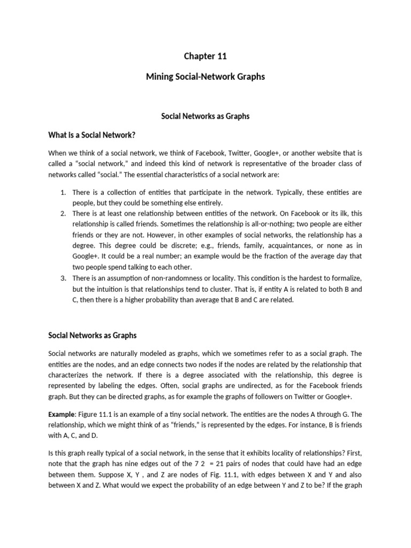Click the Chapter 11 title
[205, 56]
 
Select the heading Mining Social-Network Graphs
[205, 77]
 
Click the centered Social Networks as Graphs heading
[205, 116]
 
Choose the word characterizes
[71, 375]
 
